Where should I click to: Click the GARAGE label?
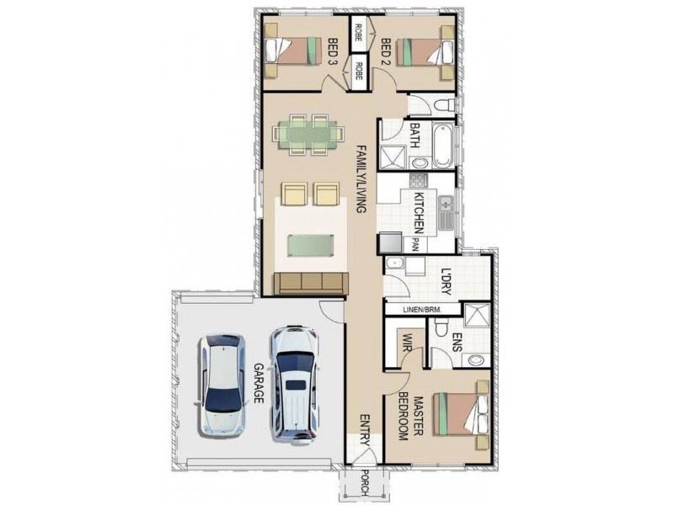click(258, 384)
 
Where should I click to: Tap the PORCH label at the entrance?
click(365, 483)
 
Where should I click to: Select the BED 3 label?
click(332, 52)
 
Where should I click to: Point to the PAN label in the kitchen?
click(415, 245)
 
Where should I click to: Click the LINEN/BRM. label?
click(423, 309)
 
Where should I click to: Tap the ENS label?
click(457, 343)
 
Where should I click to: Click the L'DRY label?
click(447, 282)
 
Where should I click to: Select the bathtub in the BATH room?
click(442, 146)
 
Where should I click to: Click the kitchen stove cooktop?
click(417, 180)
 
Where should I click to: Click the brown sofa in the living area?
click(311, 284)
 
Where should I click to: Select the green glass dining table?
click(308, 134)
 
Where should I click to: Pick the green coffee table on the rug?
click(310, 246)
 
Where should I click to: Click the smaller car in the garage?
click(222, 385)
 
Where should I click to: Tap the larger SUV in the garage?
click(294, 383)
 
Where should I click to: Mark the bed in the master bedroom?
click(461, 414)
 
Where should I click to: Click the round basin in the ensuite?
click(476, 359)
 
